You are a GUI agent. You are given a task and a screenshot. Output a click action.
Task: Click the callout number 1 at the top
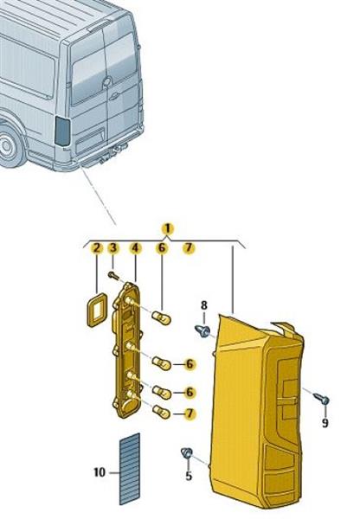click(x=168, y=228)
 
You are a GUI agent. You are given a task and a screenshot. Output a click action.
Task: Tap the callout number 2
click(x=96, y=247)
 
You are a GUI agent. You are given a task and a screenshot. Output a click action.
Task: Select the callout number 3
click(x=113, y=247)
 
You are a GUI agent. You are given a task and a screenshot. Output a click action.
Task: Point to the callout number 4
click(x=135, y=247)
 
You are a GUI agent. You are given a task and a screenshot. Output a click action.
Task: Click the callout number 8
click(x=204, y=305)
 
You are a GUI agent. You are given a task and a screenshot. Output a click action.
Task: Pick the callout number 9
click(x=325, y=422)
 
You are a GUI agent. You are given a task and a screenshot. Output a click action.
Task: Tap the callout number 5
click(x=189, y=476)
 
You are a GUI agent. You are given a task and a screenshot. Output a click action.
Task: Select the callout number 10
click(x=100, y=472)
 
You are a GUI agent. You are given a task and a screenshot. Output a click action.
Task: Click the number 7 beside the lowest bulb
click(x=190, y=413)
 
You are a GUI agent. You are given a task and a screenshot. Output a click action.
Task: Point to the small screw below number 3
click(x=113, y=275)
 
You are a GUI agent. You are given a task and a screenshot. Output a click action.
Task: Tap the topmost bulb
click(x=161, y=318)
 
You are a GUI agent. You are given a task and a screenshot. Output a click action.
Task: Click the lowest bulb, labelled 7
click(x=161, y=412)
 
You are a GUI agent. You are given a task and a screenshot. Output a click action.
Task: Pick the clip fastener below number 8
click(x=202, y=330)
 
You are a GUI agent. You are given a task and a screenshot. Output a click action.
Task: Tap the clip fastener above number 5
click(x=187, y=452)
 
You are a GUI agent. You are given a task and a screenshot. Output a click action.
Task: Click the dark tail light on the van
click(x=62, y=131)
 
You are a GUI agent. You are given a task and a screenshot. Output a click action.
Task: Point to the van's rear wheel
click(x=9, y=147)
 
